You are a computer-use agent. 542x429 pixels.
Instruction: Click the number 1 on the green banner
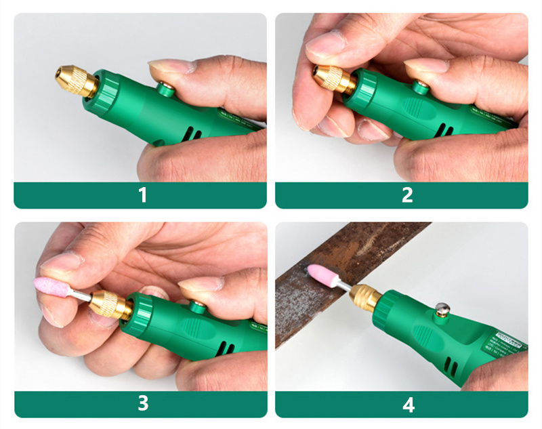(142, 195)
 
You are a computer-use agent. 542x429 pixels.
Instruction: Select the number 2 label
(406, 195)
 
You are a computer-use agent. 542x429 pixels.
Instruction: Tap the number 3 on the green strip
(142, 403)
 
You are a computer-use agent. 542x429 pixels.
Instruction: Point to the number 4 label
(408, 404)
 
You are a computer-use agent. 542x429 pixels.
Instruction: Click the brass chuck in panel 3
(110, 305)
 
